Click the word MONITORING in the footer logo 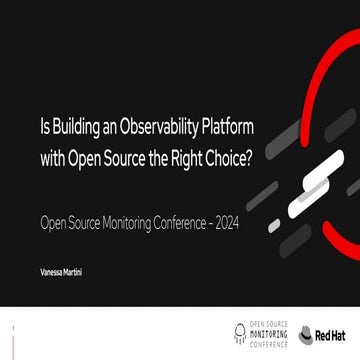pyautogui.click(x=267, y=333)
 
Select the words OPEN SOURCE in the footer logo pyautogui.click(x=267, y=325)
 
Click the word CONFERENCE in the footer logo pyautogui.click(x=267, y=341)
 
